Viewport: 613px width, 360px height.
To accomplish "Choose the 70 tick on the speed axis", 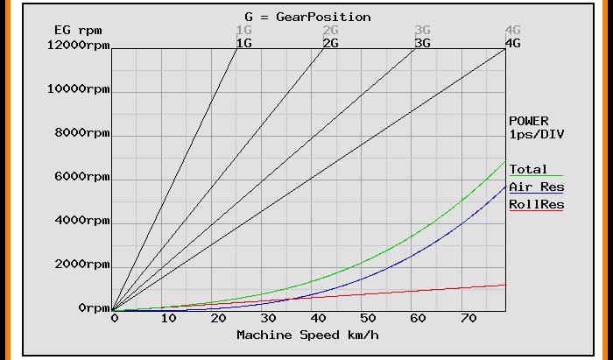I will click(x=471, y=319).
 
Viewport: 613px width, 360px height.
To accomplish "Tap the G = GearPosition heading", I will click(x=307, y=17).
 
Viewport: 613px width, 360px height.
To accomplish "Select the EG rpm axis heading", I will click(x=74, y=30).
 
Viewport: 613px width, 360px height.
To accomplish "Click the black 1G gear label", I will click(x=244, y=42).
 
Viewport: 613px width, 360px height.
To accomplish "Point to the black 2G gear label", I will click(x=331, y=42).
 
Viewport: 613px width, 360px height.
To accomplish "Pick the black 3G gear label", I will click(x=422, y=42).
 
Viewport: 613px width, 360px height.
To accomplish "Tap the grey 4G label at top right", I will click(x=513, y=30).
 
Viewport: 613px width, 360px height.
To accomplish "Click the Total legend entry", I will click(x=528, y=169).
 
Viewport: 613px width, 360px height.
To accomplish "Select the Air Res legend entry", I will click(x=536, y=187).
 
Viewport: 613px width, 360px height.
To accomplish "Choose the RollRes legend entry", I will click(x=536, y=205).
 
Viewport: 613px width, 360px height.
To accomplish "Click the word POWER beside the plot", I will click(x=529, y=121).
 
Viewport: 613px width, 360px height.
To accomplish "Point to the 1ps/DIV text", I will click(x=536, y=134).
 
